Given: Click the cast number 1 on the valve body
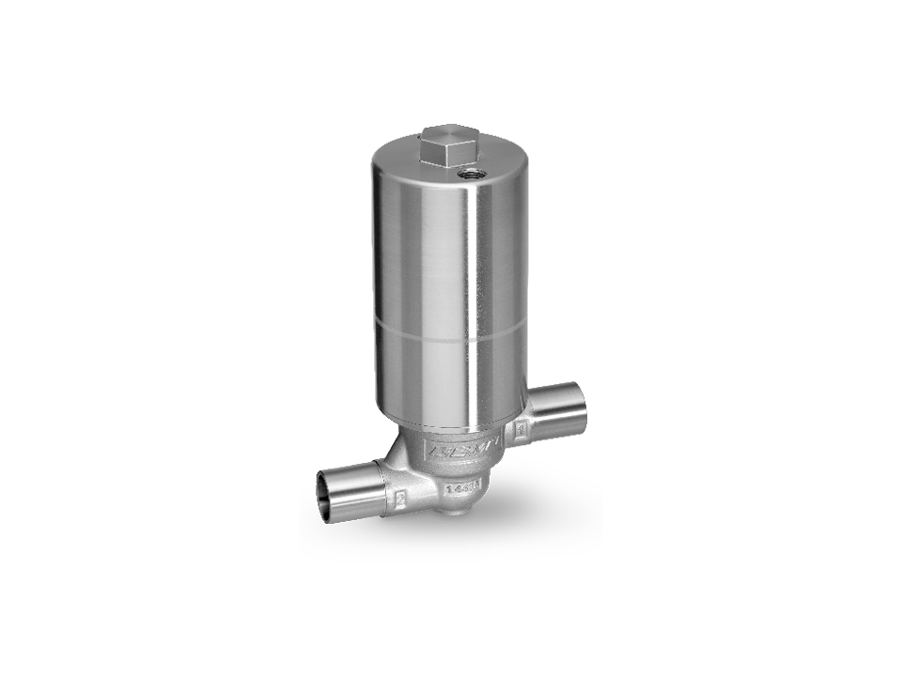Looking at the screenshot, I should pos(520,432).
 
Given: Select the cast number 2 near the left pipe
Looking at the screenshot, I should pos(400,500).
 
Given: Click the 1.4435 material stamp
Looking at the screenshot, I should pos(464,487).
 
